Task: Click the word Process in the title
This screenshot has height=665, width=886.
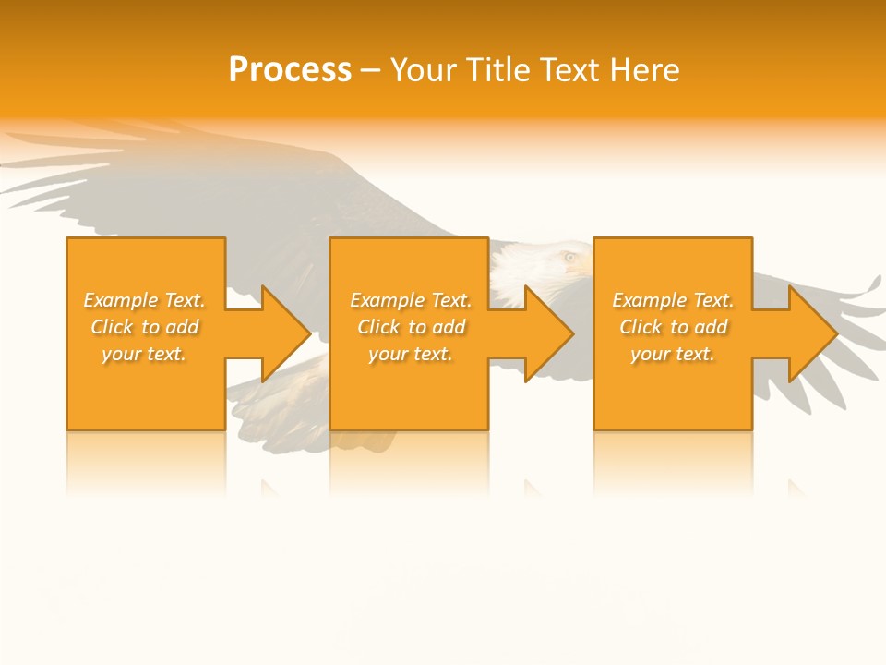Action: [290, 70]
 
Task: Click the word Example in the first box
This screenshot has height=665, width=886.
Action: [121, 300]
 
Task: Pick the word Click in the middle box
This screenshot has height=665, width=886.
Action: [377, 327]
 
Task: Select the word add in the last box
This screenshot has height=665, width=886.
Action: [712, 327]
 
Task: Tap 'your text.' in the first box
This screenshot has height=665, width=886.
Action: [143, 354]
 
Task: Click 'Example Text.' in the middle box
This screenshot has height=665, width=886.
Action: [411, 300]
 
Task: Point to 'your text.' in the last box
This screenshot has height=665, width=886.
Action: [672, 354]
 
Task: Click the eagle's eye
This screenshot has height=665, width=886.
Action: [569, 257]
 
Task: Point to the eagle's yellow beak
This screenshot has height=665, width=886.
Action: [581, 267]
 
